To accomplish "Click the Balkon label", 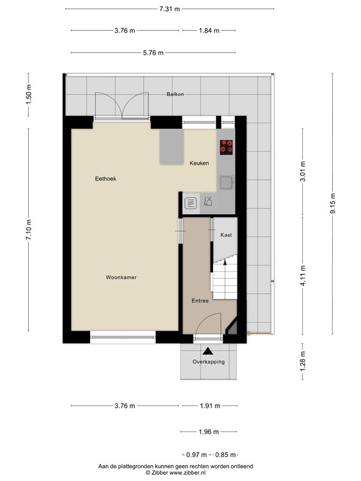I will [175, 94].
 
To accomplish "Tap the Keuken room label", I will [199, 163].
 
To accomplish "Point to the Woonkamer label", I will [121, 277].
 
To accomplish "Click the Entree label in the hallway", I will [201, 301].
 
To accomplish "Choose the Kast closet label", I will [226, 235].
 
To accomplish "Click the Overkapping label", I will [208, 362].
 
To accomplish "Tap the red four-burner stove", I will [226, 147].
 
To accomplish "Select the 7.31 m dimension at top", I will [169, 9].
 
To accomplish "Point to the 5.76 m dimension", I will [152, 53].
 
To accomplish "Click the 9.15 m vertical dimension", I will [333, 205].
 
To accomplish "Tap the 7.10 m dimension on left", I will [28, 229].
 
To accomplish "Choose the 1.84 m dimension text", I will [209, 31].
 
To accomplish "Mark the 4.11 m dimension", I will [303, 275].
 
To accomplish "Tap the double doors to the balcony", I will [120, 105].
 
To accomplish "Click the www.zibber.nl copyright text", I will [175, 473].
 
